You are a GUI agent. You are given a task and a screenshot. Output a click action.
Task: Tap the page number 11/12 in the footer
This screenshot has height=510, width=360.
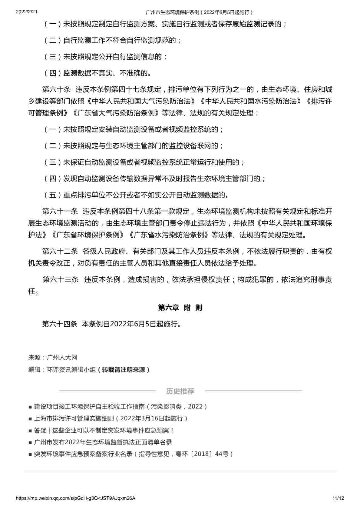(x=338, y=498)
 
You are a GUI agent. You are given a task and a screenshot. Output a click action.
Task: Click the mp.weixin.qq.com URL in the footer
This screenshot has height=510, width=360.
(x=75, y=498)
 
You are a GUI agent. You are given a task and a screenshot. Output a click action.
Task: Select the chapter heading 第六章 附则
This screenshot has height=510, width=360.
(x=180, y=308)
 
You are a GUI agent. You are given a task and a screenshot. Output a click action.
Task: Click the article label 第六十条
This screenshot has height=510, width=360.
(x=56, y=90)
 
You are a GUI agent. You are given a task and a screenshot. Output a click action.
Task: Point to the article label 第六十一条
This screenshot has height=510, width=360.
(x=60, y=211)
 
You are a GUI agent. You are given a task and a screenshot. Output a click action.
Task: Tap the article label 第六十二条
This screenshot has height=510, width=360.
(x=60, y=251)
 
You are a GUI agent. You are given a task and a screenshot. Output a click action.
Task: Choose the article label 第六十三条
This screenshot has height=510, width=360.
(x=60, y=279)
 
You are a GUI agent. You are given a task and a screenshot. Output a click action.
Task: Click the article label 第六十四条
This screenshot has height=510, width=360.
(x=60, y=324)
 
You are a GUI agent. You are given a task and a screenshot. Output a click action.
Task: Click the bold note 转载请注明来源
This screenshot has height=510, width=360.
(x=124, y=370)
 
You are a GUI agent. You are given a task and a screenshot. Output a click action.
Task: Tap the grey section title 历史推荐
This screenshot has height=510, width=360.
(x=180, y=391)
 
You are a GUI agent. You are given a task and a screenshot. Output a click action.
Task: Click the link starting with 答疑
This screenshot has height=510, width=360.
(x=104, y=430)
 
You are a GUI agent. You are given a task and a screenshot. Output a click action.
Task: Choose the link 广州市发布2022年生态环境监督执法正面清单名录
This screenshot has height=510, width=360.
(x=103, y=442)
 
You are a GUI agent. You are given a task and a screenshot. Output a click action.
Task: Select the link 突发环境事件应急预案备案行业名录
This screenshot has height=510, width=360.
(x=133, y=454)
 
